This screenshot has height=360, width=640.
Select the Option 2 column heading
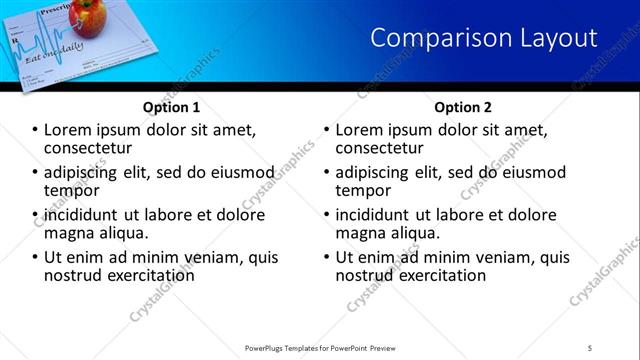pyautogui.click(x=464, y=107)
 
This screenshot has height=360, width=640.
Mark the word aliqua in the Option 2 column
pyautogui.click(x=413, y=233)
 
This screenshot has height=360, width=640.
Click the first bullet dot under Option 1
pyautogui.click(x=35, y=130)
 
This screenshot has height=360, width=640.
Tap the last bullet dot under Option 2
pyautogui.click(x=327, y=257)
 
